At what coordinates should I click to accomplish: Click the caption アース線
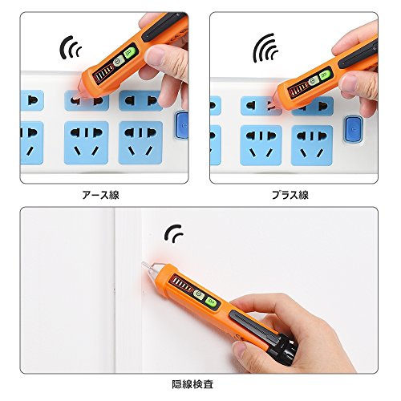[x=100, y=195]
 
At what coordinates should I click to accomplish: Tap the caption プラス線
[x=290, y=195]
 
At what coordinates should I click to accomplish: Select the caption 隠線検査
[x=192, y=384]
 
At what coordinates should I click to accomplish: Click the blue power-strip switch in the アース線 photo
[x=182, y=126]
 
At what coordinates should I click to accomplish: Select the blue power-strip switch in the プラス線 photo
[x=354, y=129]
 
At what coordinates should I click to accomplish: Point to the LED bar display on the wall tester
[x=182, y=284]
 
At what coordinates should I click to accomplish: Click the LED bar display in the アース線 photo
[x=103, y=74]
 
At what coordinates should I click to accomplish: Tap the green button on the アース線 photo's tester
[x=130, y=53]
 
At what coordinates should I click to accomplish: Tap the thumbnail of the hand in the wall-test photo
[x=238, y=350]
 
